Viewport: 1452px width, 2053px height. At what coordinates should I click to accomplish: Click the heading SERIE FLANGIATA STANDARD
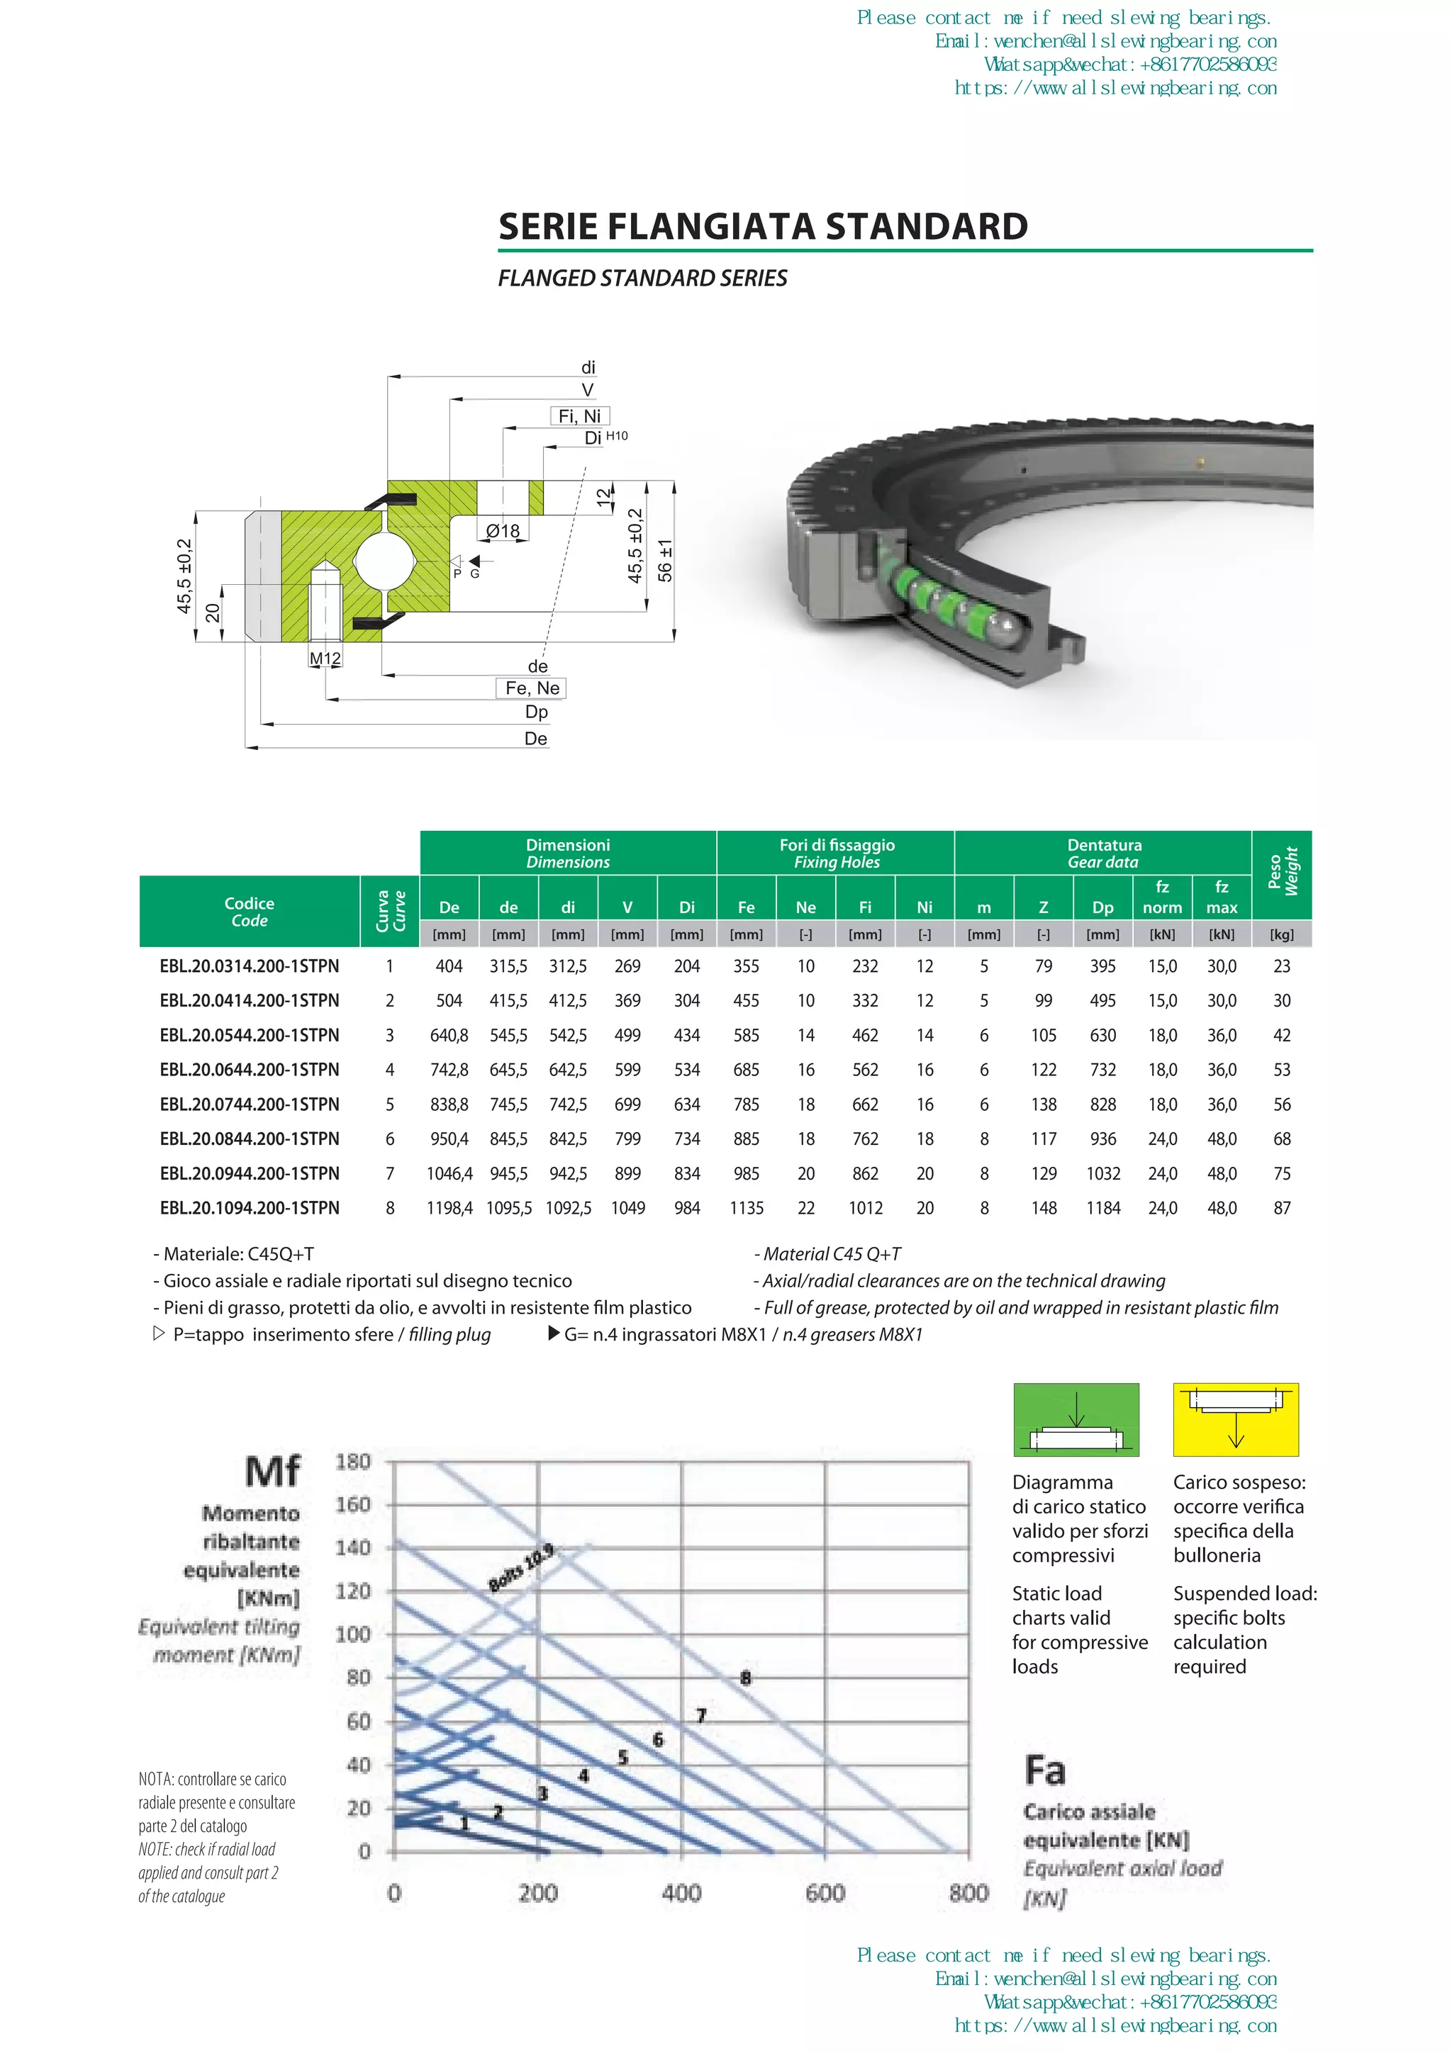(x=763, y=226)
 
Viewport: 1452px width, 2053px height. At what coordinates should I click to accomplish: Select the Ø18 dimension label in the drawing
(x=503, y=531)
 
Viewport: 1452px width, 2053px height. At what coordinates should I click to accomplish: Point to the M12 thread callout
(x=325, y=659)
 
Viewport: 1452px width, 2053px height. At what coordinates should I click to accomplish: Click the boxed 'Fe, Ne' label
(x=532, y=688)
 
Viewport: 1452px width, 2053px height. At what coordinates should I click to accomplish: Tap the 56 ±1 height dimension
(x=664, y=561)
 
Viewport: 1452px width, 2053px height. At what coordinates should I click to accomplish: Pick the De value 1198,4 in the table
(x=449, y=1208)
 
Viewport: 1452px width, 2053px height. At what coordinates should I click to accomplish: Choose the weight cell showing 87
(x=1282, y=1208)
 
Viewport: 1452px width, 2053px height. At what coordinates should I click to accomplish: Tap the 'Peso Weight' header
(x=1282, y=872)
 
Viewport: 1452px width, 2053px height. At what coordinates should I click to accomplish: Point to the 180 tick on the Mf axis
(x=353, y=1462)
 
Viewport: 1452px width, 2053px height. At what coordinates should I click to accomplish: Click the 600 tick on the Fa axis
(x=825, y=1893)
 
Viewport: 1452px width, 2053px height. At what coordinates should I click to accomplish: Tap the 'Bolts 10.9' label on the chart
(x=521, y=1567)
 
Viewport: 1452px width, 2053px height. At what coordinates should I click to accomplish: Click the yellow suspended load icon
(x=1236, y=1420)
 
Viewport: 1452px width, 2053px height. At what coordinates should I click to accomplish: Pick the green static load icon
(x=1076, y=1420)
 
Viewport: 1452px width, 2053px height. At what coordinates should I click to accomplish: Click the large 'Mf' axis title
(x=273, y=1472)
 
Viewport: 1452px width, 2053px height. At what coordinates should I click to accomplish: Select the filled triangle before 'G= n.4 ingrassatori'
(x=554, y=1334)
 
